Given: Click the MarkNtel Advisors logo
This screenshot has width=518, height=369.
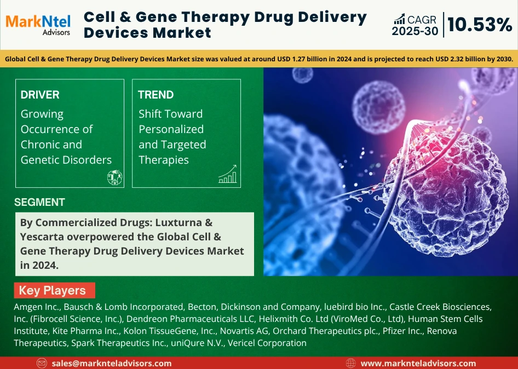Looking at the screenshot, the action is point(38,25).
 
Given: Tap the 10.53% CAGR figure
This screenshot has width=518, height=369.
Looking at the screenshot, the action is point(480,25).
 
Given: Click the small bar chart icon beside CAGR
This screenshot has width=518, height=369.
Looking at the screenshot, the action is point(399,19).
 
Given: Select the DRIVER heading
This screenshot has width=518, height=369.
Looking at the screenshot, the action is point(40,95).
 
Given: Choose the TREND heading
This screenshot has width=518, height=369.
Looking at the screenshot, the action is point(156,95).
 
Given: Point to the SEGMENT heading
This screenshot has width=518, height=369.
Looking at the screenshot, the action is point(39,202).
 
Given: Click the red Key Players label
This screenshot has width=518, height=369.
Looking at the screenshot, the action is point(55,290).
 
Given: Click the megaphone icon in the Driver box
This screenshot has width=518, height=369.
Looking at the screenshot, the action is point(114,177).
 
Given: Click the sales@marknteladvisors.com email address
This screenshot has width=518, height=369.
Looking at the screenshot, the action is point(112,364).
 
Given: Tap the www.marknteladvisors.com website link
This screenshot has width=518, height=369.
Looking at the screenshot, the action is point(418,364).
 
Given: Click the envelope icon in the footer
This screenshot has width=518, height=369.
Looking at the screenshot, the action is point(42,364).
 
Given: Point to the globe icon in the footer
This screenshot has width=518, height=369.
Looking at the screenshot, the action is point(350,364).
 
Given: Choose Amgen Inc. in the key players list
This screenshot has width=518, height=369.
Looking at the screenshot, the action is point(37,307).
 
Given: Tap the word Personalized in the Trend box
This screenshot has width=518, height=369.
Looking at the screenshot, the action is point(171,129).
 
